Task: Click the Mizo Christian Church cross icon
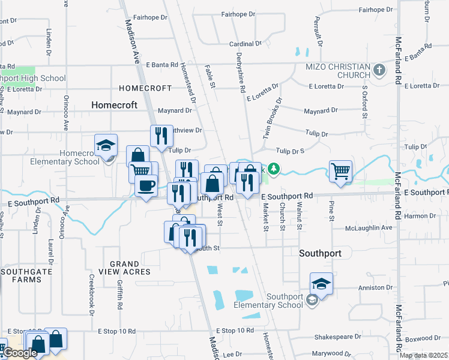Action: click(x=379, y=70)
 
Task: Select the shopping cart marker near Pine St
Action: click(x=340, y=171)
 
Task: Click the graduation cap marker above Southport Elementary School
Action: click(x=321, y=283)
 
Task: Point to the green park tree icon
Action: click(x=274, y=170)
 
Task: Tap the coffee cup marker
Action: click(x=145, y=185)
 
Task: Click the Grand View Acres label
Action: click(x=129, y=268)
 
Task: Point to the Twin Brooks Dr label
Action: click(x=271, y=119)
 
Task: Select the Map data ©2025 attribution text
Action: click(x=423, y=355)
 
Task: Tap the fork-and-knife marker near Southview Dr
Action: click(x=161, y=136)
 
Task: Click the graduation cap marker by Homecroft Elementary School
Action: click(x=106, y=146)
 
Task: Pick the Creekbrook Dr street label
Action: click(x=92, y=295)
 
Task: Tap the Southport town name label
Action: click(x=320, y=253)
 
